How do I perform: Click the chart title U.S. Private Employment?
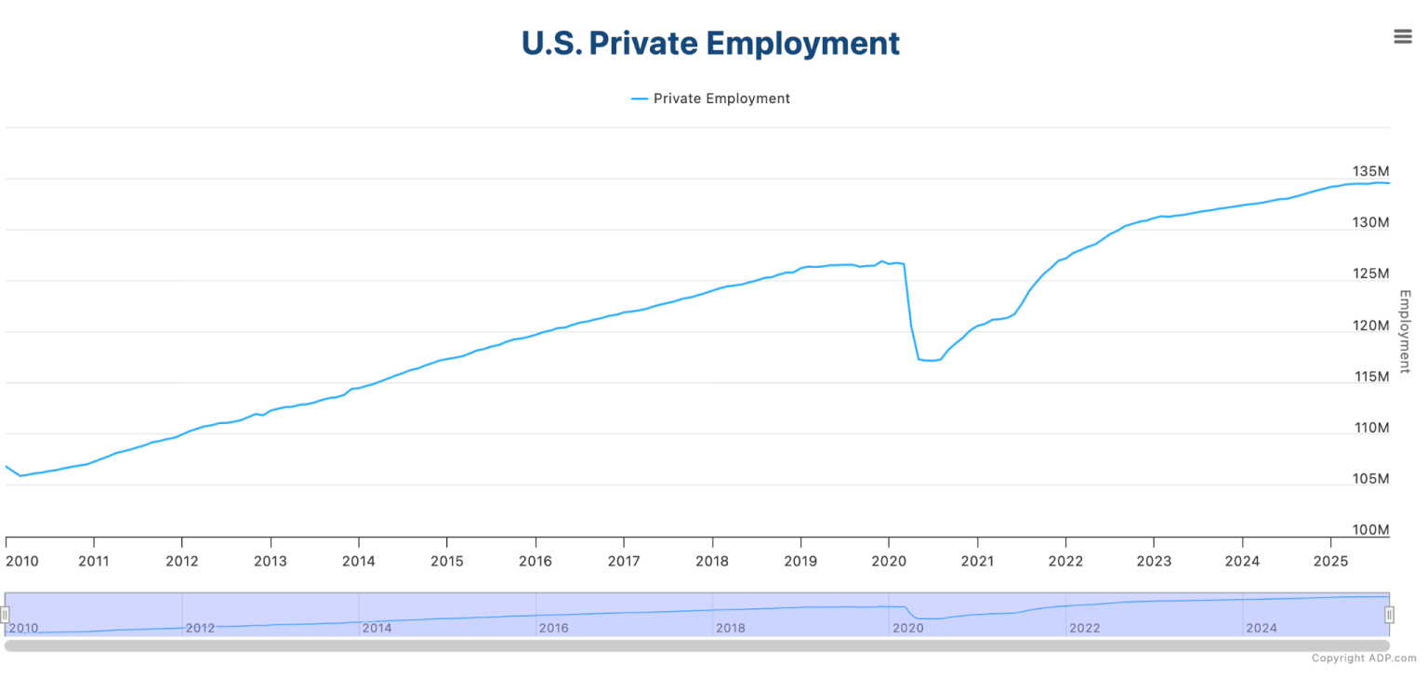click(x=710, y=44)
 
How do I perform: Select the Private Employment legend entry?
click(x=710, y=99)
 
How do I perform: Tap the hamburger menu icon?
click(x=1402, y=36)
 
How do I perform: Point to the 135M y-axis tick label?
click(x=1370, y=172)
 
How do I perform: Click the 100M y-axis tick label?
click(x=1370, y=530)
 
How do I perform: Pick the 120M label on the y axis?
click(x=1370, y=326)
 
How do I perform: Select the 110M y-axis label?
click(x=1370, y=428)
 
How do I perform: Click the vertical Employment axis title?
click(x=1405, y=331)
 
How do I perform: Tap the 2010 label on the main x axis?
click(x=23, y=561)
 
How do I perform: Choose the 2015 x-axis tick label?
click(x=446, y=561)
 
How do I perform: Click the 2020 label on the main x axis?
click(x=888, y=561)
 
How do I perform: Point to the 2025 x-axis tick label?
click(x=1330, y=561)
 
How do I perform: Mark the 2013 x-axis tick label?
click(x=270, y=561)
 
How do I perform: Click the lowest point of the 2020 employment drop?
click(x=930, y=360)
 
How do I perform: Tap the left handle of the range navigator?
click(x=5, y=615)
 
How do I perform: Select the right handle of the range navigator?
click(x=1389, y=615)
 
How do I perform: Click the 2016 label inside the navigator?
click(x=553, y=628)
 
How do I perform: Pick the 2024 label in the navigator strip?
click(x=1262, y=628)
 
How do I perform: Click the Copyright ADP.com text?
click(x=1364, y=658)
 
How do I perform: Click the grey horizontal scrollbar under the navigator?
click(x=697, y=645)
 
